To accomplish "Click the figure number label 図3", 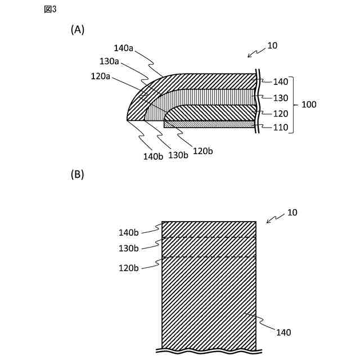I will (50, 9).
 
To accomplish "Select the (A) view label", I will (77, 30).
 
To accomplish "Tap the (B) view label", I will (77, 174).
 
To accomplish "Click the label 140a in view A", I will (123, 48).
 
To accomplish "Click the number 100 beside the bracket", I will (309, 105).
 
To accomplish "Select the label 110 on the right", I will (280, 128).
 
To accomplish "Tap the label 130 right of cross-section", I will (280, 97).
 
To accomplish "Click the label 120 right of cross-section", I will (280, 113).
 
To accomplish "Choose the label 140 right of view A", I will (280, 82).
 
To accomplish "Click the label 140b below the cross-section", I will (152, 156).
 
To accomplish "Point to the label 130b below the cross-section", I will (178, 155).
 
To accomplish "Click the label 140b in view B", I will (128, 232).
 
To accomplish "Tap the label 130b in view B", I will (128, 248).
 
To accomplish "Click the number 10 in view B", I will (292, 213).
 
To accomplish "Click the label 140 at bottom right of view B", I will (283, 332).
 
